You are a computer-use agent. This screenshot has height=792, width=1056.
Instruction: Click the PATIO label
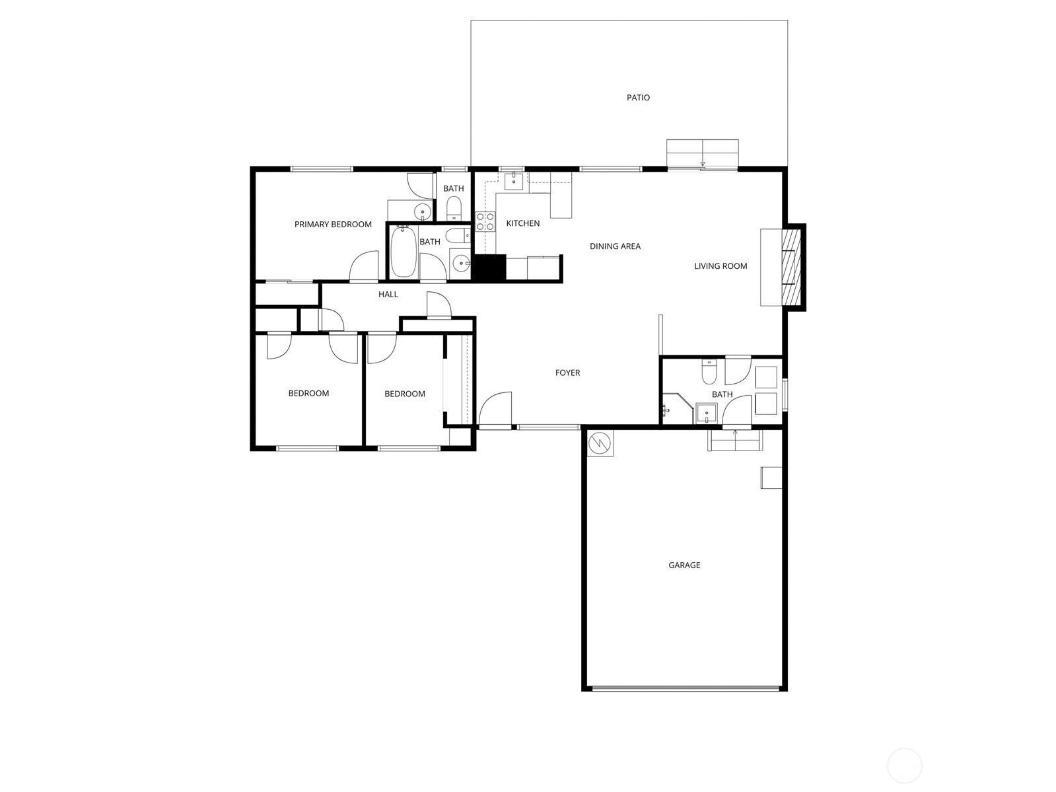coord(638,98)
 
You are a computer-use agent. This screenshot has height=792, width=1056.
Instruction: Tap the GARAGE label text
coord(684,565)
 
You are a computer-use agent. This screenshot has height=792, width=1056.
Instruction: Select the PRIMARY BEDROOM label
coord(333,225)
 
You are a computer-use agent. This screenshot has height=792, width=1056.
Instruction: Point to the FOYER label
coord(567,373)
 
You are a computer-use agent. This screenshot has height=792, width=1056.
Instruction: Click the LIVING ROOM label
coord(721,266)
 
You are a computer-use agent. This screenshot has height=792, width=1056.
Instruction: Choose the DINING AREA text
coord(615,246)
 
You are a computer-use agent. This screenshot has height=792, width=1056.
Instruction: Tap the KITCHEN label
coord(523,224)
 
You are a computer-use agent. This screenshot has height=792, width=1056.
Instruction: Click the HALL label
coord(388,295)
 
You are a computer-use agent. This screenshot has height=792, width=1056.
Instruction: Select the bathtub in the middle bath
coord(403,252)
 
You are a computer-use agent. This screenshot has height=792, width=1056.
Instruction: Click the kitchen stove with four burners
coord(485,222)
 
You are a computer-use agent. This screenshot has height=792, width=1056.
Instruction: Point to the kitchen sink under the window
coord(513,181)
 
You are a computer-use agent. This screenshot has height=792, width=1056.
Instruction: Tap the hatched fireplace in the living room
coord(790,266)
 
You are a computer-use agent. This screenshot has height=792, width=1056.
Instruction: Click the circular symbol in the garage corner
coord(600,443)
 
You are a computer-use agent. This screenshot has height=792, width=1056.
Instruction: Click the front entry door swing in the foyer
coord(495,410)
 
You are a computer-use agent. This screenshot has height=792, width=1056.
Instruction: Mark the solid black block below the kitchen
coord(489,268)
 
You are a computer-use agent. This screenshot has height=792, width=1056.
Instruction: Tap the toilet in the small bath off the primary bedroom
coord(454,209)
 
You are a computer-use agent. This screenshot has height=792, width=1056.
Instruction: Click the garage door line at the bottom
coord(685,688)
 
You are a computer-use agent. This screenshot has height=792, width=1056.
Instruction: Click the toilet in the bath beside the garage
coord(709,373)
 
